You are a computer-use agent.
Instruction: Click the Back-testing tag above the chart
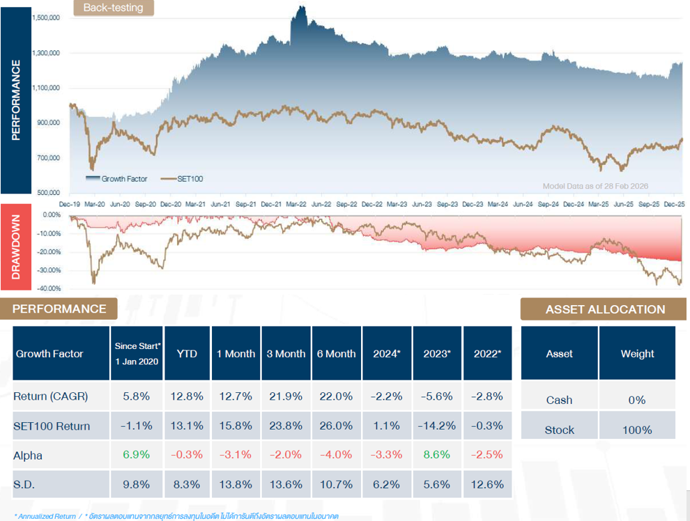pyautogui.click(x=113, y=8)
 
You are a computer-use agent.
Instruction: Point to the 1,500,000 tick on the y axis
pyautogui.click(x=45, y=18)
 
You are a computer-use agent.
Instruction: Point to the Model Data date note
pyautogui.click(x=595, y=186)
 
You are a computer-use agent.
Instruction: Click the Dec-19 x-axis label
pyautogui.click(x=70, y=205)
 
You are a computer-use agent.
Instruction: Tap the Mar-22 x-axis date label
pyautogui.click(x=296, y=205)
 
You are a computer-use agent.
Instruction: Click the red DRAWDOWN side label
pyautogui.click(x=16, y=247)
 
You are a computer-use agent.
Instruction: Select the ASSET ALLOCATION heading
pyautogui.click(x=605, y=309)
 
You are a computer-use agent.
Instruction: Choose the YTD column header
pyautogui.click(x=187, y=354)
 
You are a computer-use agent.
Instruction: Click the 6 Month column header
pyautogui.click(x=336, y=354)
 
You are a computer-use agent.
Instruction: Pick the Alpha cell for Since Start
pyautogui.click(x=137, y=455)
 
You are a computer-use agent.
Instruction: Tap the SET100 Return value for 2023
pyautogui.click(x=437, y=426)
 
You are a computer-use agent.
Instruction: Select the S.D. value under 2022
pyautogui.click(x=487, y=485)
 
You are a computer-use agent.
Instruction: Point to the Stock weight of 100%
pyautogui.click(x=636, y=430)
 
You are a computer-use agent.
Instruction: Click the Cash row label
pyautogui.click(x=559, y=400)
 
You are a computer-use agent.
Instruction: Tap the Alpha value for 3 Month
pyautogui.click(x=286, y=455)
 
